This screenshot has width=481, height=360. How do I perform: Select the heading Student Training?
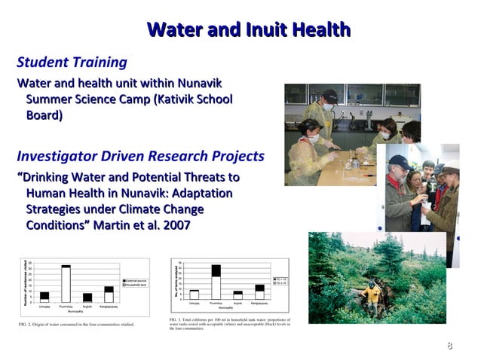(72, 62)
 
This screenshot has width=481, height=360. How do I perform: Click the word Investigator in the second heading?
(57, 157)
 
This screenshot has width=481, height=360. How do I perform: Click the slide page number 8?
(449, 346)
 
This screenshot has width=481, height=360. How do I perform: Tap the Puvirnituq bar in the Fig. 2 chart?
(66, 284)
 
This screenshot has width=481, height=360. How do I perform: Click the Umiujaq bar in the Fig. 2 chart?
(44, 297)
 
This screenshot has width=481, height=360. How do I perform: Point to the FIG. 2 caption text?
(75, 325)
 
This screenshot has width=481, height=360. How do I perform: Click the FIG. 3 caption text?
(230, 325)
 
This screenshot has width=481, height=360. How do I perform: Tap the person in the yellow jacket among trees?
(371, 296)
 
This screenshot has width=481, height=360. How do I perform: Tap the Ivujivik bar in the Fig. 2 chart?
(87, 297)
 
